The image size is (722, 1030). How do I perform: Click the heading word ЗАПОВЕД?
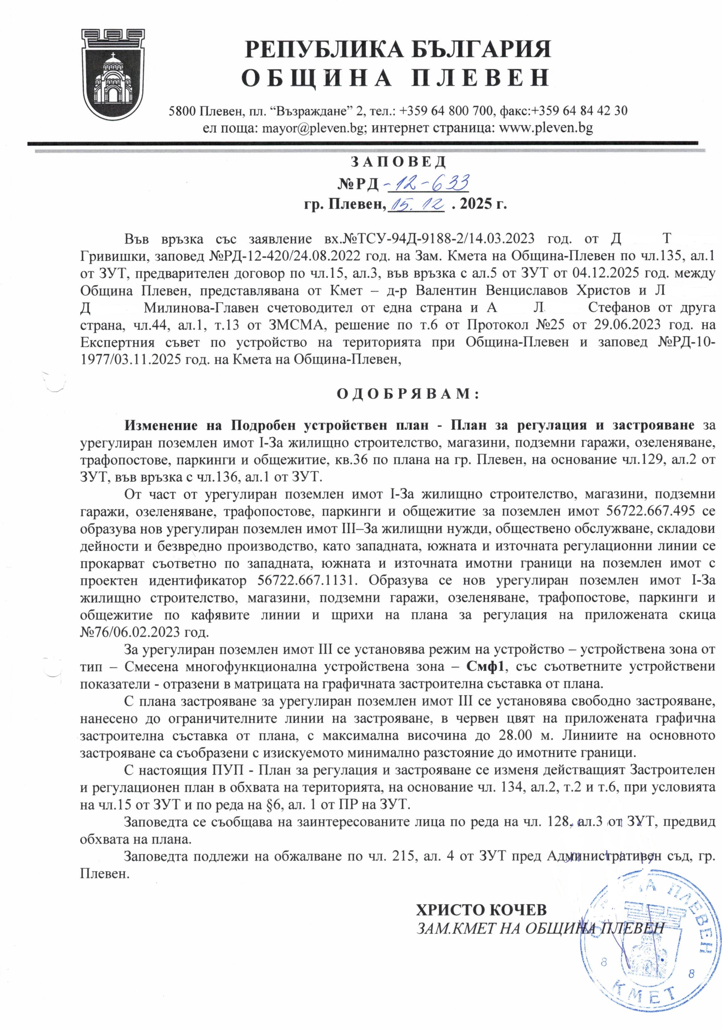point(397,161)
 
